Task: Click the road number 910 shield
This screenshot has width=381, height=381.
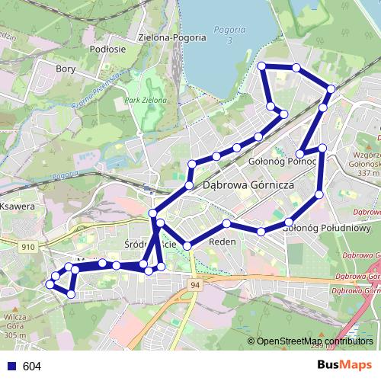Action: [28, 247]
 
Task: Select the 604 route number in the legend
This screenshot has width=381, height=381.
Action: [32, 366]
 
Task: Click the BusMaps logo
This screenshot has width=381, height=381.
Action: [344, 365]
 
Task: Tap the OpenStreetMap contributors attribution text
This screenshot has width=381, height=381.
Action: [315, 341]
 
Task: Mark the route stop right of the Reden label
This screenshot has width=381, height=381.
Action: [261, 230]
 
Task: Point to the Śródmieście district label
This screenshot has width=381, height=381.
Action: [150, 244]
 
